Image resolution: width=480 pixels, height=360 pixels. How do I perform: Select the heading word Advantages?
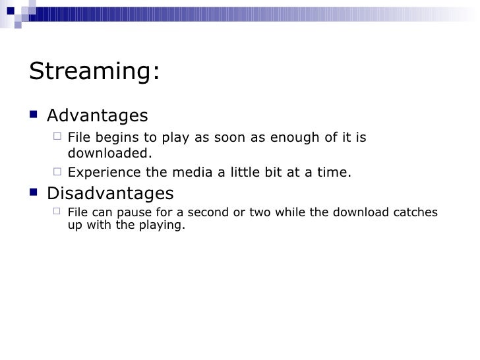point(98,116)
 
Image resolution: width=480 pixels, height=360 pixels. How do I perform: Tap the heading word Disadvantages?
point(110,194)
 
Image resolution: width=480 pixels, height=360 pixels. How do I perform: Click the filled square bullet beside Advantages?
point(34,115)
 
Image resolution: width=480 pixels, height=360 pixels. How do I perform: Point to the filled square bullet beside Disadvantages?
point(34,193)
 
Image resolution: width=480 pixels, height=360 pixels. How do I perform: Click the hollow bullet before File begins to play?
point(57,137)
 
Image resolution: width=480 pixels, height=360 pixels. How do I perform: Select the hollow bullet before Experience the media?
point(57,173)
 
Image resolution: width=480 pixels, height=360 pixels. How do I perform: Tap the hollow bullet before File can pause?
point(57,212)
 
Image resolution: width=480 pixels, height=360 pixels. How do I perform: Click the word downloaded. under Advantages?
point(109,154)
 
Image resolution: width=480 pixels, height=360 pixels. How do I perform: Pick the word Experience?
point(99,173)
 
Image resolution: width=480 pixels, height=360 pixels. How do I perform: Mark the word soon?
point(223,138)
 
